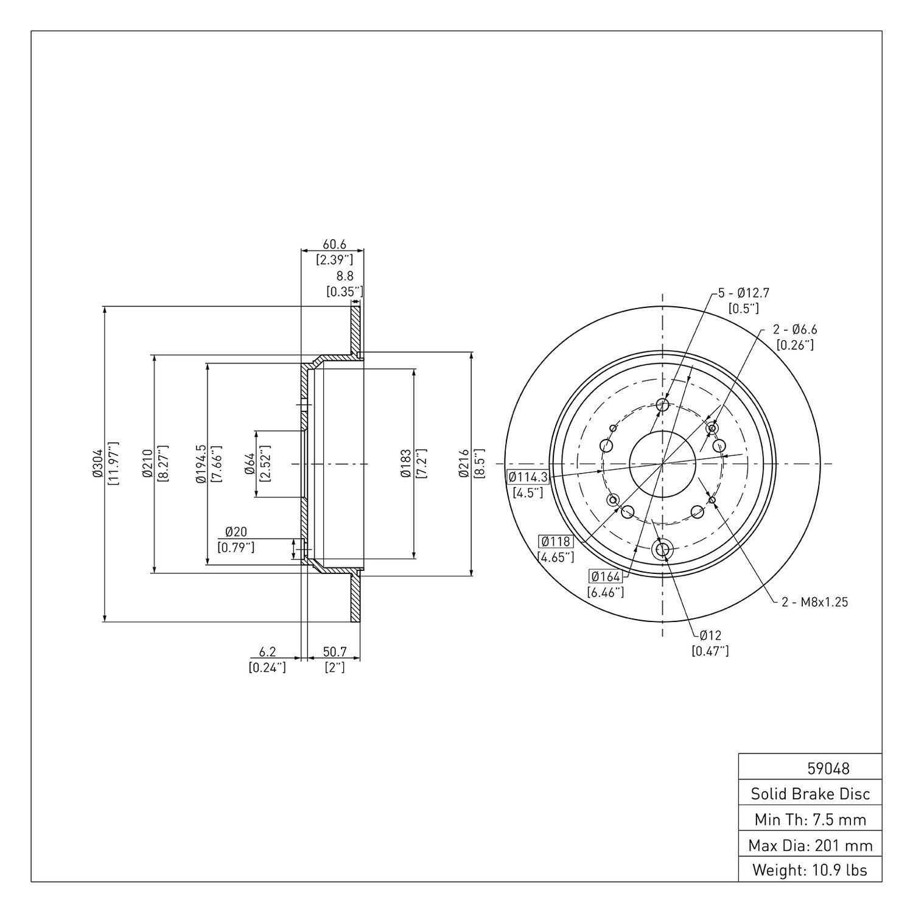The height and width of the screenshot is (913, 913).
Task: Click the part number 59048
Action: pos(828,768)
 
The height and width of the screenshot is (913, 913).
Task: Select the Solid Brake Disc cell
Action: pos(810,794)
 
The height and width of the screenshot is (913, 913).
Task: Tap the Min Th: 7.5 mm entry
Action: pos(810,819)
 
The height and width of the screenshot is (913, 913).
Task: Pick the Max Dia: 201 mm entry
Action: pos(810,845)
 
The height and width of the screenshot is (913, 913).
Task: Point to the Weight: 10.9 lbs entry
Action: pos(810,870)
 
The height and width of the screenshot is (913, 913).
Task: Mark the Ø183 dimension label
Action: pos(406,464)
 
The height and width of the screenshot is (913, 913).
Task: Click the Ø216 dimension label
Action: pos(464,464)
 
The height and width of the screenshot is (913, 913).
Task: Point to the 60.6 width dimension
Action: pos(334,244)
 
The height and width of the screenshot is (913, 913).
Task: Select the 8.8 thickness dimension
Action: pos(345,276)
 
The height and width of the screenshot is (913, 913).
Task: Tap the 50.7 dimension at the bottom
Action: pos(335,652)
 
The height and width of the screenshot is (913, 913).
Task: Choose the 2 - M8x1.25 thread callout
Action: pos(815,602)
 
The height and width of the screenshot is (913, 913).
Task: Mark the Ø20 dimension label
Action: pos(236,532)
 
